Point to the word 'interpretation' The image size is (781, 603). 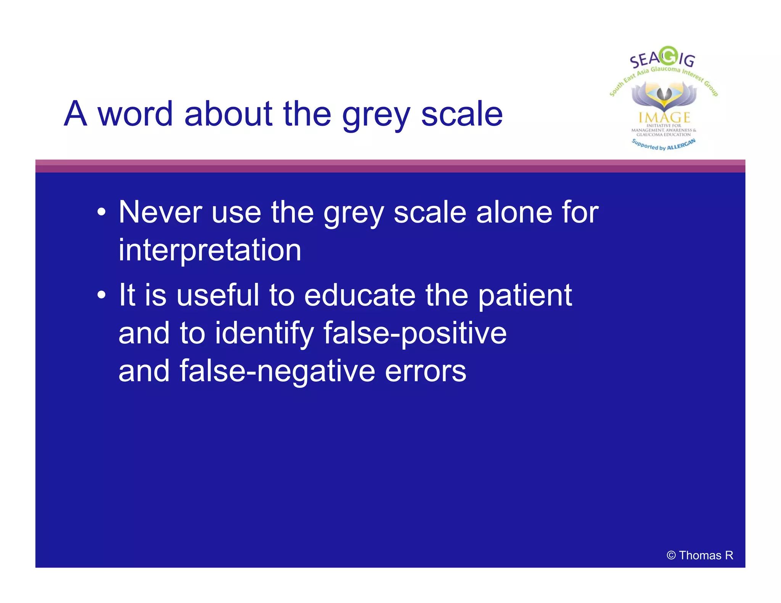210,250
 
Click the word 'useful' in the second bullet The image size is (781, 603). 218,295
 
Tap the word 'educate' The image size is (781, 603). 360,295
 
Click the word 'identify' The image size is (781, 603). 264,333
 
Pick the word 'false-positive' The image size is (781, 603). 415,333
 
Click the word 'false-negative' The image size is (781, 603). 277,371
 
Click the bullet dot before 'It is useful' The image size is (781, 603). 101,295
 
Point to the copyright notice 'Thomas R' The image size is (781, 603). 700,555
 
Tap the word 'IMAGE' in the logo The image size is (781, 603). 664,117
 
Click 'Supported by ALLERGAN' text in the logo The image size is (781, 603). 664,145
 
